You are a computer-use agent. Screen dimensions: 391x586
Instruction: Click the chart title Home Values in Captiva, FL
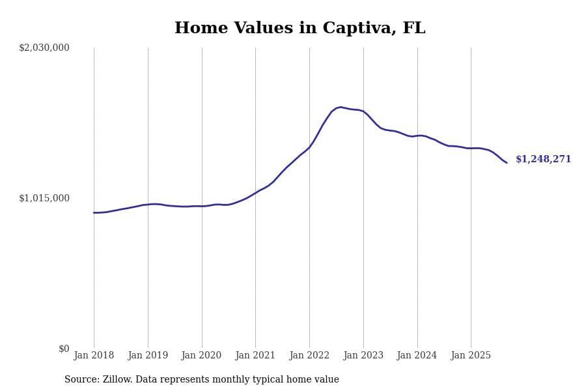[300, 29]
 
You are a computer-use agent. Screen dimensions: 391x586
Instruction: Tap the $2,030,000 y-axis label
[44, 48]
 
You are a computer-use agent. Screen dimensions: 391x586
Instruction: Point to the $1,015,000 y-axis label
[44, 198]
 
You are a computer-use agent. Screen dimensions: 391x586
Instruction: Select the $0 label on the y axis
[64, 349]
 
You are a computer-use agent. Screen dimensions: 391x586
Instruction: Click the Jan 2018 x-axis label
[94, 356]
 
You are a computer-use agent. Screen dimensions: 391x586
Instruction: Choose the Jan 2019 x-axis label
[148, 356]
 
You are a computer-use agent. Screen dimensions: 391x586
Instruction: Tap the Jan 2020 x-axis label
[201, 356]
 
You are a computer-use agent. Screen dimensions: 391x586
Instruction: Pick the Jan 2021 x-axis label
[255, 356]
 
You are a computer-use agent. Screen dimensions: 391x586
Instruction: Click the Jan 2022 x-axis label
[309, 356]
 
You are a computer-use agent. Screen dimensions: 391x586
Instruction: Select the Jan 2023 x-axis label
[363, 356]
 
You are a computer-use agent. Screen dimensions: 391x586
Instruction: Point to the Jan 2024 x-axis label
[417, 356]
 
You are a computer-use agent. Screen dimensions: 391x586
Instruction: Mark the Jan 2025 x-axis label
[471, 356]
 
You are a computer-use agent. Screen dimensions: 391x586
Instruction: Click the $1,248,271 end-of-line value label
[543, 160]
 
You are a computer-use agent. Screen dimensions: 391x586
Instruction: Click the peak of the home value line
[341, 107]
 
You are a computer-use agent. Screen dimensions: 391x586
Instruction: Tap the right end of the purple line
[507, 162]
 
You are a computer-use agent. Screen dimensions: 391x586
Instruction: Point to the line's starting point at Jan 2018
[94, 212]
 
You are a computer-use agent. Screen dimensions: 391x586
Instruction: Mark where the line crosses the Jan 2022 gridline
[309, 147]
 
